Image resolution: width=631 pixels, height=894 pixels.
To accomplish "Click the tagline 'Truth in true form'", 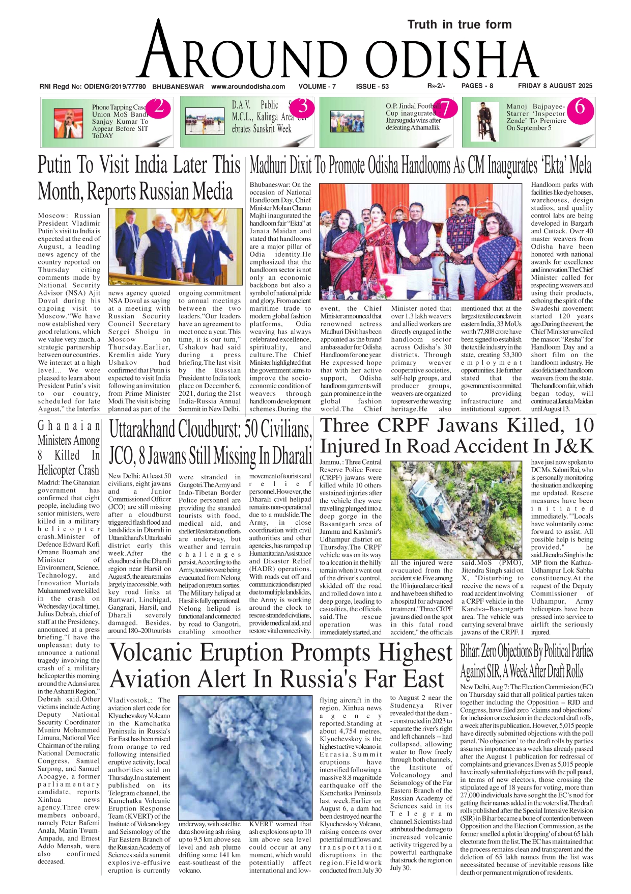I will pos(459,24).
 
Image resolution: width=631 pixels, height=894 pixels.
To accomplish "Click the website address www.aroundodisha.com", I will pos(248,87).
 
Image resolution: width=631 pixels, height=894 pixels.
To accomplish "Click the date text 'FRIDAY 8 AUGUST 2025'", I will pos(555,86).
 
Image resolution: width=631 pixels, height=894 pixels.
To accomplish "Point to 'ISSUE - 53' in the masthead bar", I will pos(372,87).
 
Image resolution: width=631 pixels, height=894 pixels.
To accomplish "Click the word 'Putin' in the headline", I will pos(59,165).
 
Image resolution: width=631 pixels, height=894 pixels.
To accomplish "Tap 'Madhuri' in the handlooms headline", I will pos(269,166).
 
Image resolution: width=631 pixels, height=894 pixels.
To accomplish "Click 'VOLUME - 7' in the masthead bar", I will pos(317,87).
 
